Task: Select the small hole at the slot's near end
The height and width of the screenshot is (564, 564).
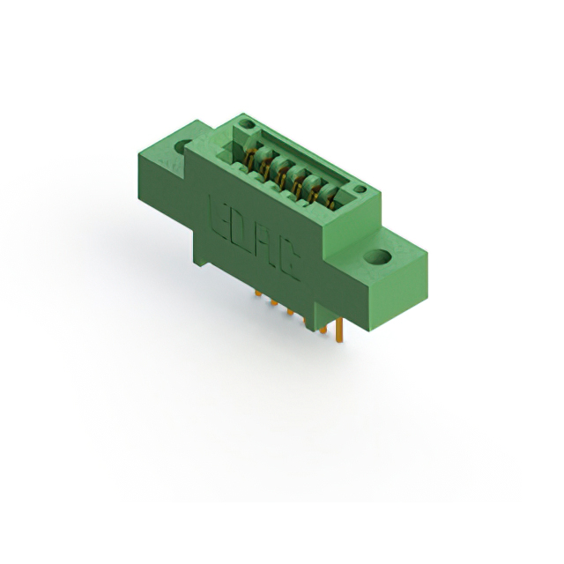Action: (x=359, y=189)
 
